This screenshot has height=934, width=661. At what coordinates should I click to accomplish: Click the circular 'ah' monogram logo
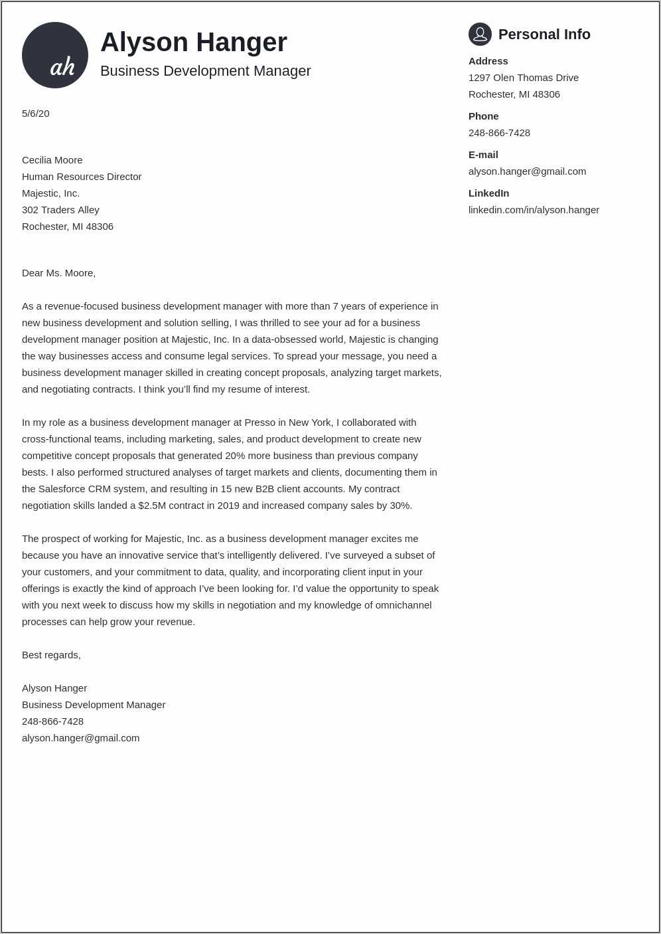[55, 55]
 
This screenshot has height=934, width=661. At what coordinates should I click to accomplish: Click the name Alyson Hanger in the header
[193, 43]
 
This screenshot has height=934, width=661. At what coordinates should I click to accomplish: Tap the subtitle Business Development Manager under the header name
[205, 71]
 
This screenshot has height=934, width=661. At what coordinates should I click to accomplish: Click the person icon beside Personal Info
[480, 34]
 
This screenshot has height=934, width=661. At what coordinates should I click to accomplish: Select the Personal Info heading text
[544, 35]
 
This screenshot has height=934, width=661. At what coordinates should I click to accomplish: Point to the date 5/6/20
[36, 114]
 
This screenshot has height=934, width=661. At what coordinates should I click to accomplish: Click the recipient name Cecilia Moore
[52, 160]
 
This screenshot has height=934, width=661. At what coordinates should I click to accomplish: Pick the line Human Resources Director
[82, 177]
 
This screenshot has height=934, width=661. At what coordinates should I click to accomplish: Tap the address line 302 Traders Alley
[60, 210]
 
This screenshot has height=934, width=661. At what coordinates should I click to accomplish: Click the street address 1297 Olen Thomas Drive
[523, 78]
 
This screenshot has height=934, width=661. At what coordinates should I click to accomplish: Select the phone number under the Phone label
[499, 133]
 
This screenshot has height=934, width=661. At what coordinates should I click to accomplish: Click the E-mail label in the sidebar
[483, 155]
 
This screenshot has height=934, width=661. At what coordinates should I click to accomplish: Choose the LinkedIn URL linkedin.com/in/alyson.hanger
[534, 210]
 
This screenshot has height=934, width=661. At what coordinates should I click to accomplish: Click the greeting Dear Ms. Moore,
[58, 273]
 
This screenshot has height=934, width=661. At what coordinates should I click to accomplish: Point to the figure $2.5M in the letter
[152, 506]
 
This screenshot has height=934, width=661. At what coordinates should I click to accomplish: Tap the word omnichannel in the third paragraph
[404, 605]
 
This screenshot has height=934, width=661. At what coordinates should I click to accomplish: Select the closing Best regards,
[51, 655]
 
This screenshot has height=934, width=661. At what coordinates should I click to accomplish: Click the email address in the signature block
[80, 738]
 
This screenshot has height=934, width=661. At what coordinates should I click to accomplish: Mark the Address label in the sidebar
[488, 61]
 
